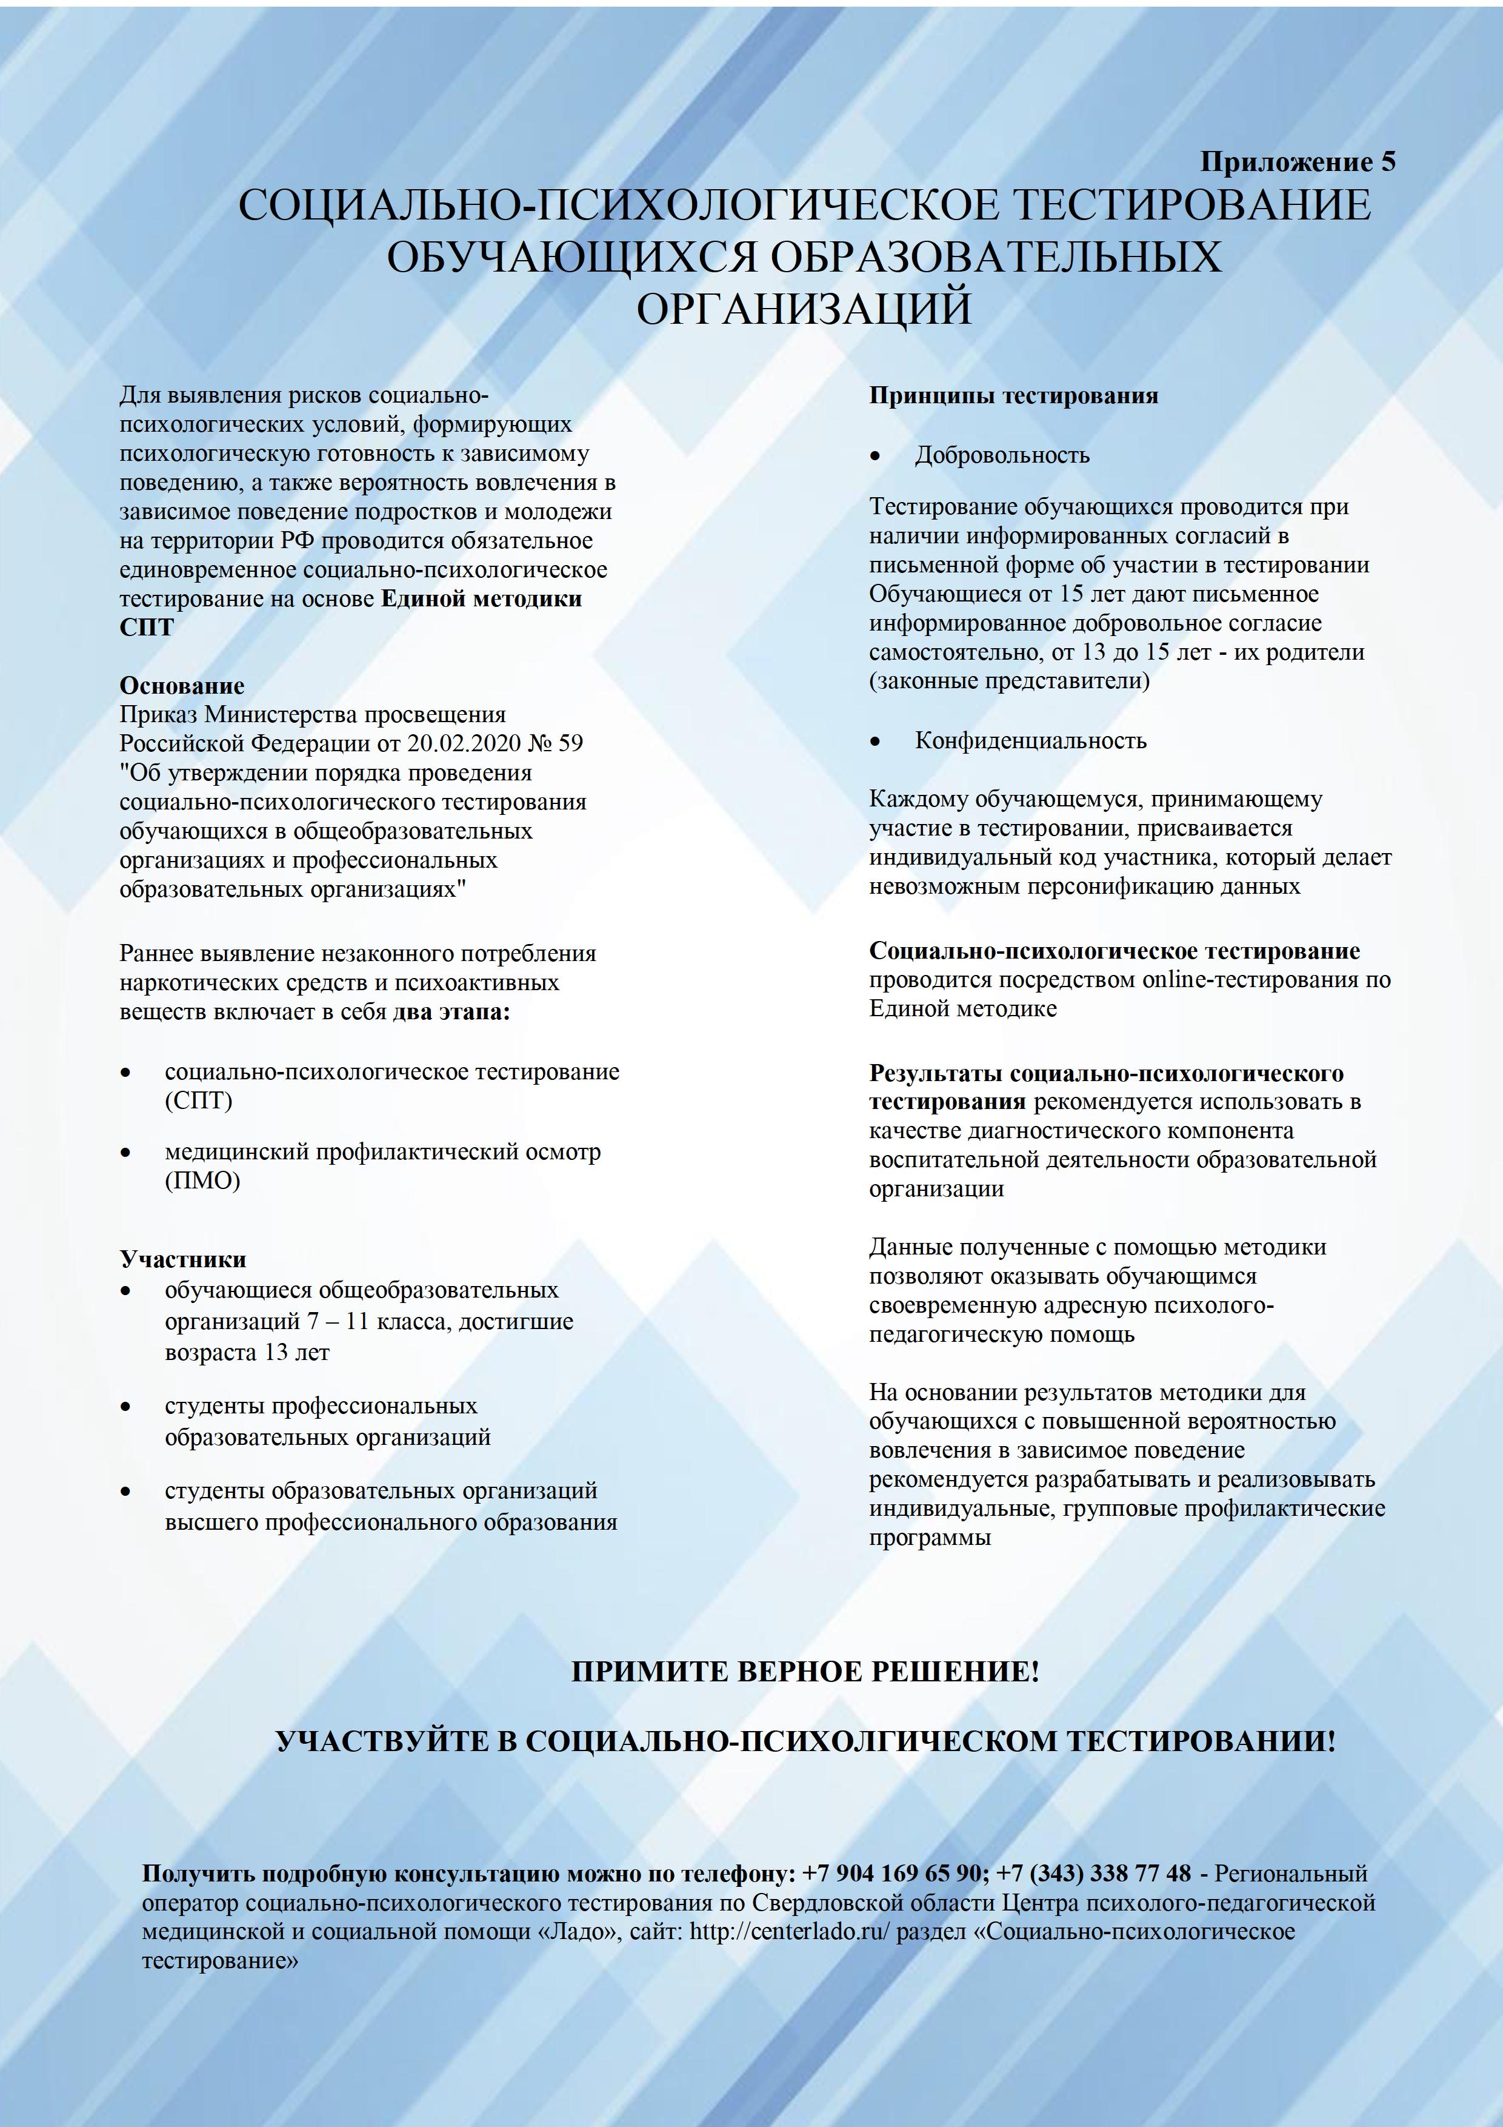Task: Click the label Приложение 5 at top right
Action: coord(1298,162)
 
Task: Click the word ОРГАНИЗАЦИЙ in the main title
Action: coord(804,309)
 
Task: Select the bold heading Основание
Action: coord(181,686)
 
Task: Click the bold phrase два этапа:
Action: coord(451,1011)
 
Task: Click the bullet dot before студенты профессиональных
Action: coord(126,1406)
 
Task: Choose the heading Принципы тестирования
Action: coord(1013,395)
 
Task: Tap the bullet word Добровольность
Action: coord(1002,455)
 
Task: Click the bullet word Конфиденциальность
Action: coord(1031,740)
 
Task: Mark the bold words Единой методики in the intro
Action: coord(482,598)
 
